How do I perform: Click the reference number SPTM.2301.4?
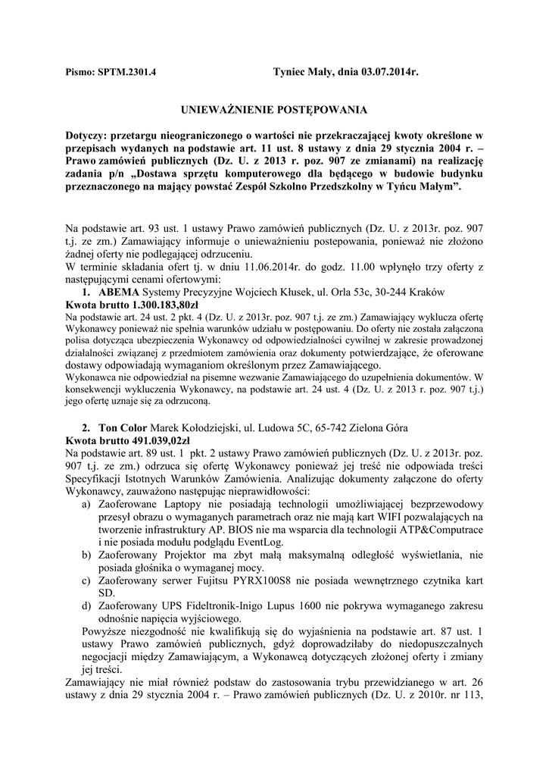click(x=127, y=74)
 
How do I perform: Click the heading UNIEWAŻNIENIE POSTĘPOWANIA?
click(x=274, y=110)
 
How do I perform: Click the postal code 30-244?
click(x=396, y=292)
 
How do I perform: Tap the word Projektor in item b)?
click(x=187, y=555)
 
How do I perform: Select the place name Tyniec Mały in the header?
click(x=303, y=74)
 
